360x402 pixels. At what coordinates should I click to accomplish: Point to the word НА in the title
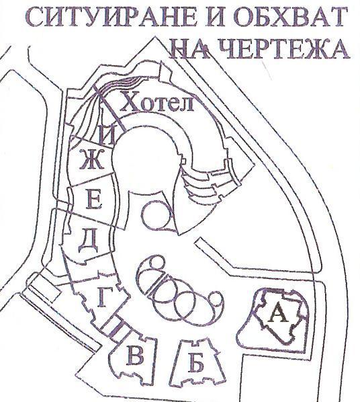click(x=193, y=48)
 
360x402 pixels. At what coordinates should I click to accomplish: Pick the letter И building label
click(x=107, y=136)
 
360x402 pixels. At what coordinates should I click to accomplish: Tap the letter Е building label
click(x=94, y=199)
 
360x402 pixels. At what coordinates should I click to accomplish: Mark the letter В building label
click(x=134, y=355)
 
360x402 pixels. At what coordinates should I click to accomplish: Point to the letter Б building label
click(x=197, y=362)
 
